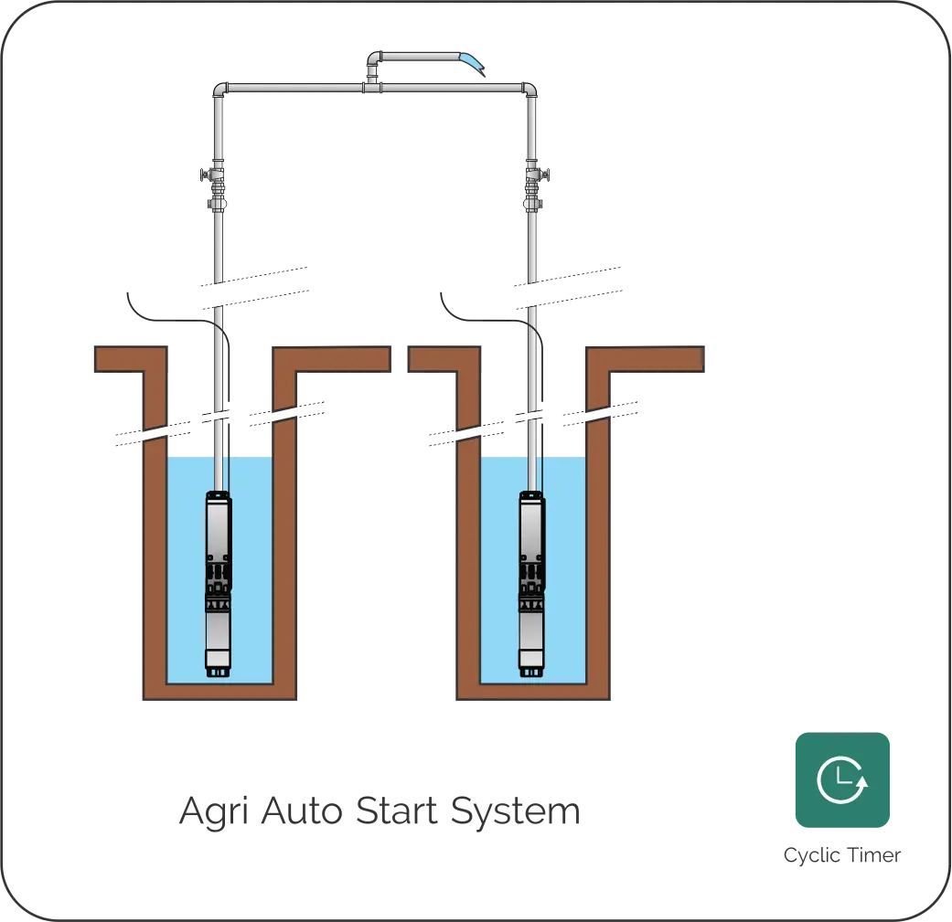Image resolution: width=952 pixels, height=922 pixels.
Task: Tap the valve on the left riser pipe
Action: coord(217,187)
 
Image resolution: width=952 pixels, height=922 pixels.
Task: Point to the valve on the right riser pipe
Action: coord(532,187)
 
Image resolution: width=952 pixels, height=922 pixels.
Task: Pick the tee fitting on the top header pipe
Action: coord(373,86)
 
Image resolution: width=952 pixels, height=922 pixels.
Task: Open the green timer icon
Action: coord(841,780)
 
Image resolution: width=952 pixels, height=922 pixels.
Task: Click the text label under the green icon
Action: coord(843,854)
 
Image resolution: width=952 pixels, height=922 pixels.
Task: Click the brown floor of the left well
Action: coord(219,692)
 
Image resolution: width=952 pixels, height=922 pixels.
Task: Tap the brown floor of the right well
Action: coord(534,692)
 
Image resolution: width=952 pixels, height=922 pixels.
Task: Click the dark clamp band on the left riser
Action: coord(219,416)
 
